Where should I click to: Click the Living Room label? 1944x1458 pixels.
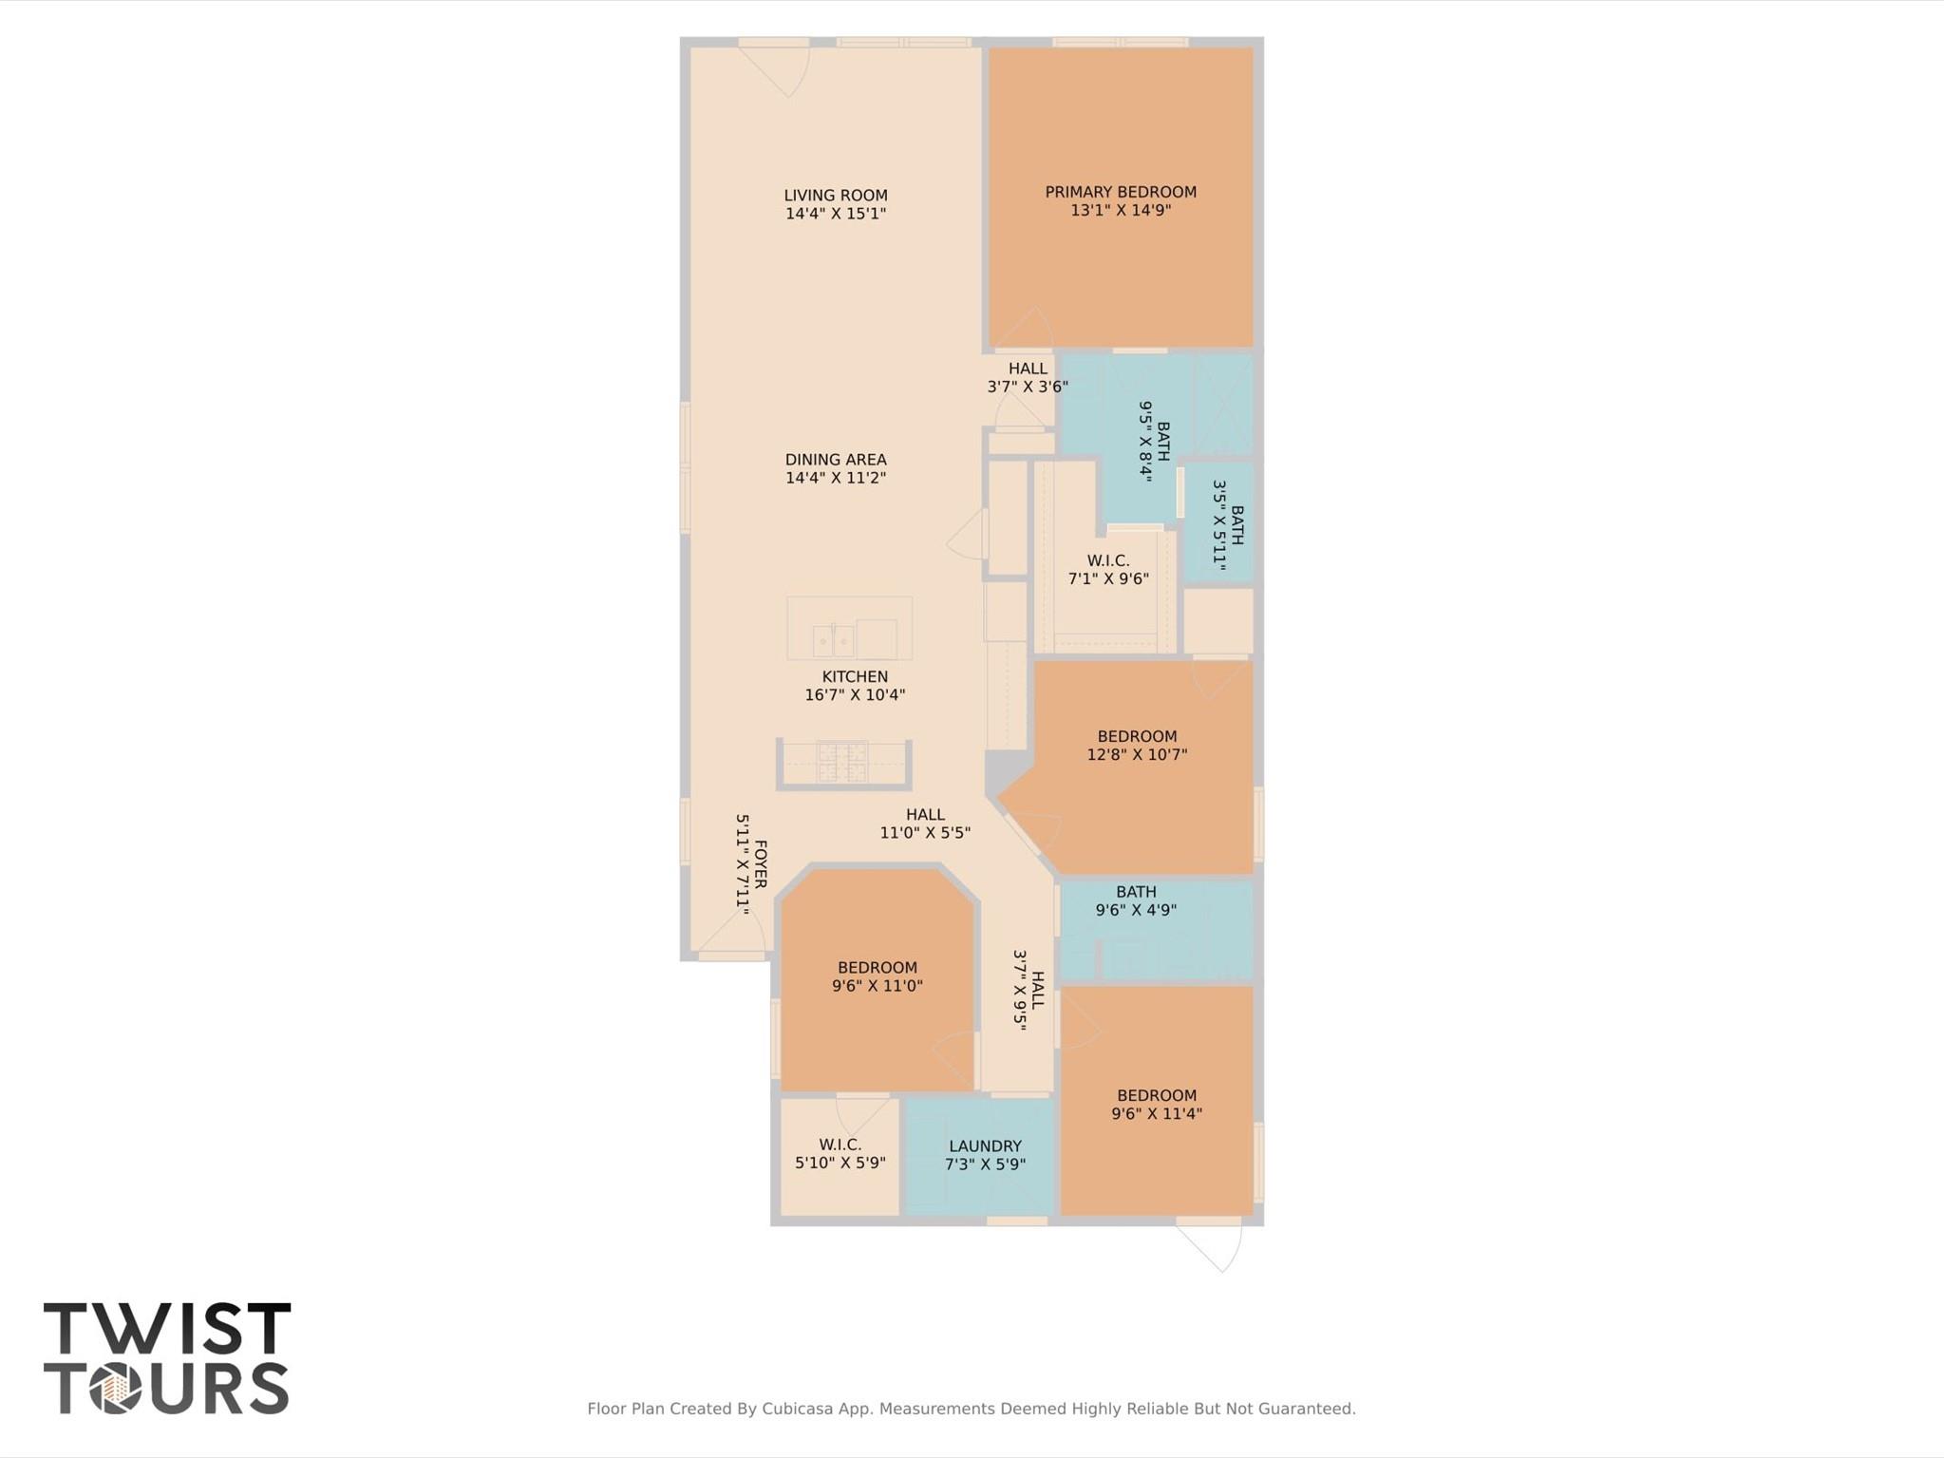tap(836, 196)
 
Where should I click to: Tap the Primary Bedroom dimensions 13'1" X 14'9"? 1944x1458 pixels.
tap(1121, 210)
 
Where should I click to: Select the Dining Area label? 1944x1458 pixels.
tap(836, 460)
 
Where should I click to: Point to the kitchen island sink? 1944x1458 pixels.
tap(833, 640)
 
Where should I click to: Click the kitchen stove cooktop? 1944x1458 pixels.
tap(843, 761)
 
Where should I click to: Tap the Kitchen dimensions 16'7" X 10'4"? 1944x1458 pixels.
tap(855, 694)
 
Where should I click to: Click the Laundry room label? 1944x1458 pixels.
tap(985, 1146)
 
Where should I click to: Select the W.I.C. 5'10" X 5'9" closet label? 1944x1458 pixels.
tap(840, 1146)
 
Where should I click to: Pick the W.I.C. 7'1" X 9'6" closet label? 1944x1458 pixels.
tap(1108, 561)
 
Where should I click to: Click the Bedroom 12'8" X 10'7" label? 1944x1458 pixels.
tap(1137, 737)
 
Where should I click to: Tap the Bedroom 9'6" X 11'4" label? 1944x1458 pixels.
tap(1157, 1096)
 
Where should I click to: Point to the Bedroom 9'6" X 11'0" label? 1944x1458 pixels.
tap(877, 969)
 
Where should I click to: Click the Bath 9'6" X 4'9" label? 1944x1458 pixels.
tap(1136, 893)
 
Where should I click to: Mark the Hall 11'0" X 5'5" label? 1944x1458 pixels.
tap(925, 815)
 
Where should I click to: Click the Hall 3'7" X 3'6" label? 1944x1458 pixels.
tap(1028, 369)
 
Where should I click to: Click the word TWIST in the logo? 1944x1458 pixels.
tap(167, 1329)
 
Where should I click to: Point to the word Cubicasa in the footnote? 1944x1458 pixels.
tap(801, 1409)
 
